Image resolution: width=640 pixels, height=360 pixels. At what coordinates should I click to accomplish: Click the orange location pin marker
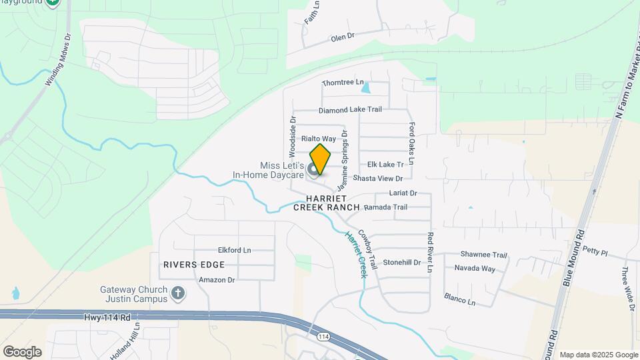[320, 159]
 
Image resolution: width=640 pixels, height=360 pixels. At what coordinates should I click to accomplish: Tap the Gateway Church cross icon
[177, 293]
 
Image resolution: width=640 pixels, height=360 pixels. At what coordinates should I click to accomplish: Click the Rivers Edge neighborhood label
[190, 265]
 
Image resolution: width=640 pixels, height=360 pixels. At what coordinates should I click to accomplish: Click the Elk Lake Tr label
[386, 164]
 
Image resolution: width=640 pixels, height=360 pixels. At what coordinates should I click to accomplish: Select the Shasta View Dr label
[378, 179]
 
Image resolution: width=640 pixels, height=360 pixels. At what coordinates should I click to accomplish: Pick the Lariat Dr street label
[403, 193]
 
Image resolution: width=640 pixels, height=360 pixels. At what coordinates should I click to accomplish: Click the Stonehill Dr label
[402, 263]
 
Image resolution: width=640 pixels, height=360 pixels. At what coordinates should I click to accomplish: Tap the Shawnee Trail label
[485, 255]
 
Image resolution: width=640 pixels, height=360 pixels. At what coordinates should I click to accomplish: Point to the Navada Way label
[475, 269]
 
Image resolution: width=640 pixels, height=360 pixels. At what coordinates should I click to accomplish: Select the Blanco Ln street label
[460, 299]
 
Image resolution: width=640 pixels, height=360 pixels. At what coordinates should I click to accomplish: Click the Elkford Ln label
[234, 251]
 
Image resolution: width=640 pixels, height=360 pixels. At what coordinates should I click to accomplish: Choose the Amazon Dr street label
[217, 280]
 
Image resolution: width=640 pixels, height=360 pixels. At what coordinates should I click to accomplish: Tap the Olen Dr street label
[342, 39]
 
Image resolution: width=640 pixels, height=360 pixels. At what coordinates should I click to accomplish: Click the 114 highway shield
[323, 337]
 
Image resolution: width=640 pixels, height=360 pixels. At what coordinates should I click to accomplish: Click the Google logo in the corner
[22, 351]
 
